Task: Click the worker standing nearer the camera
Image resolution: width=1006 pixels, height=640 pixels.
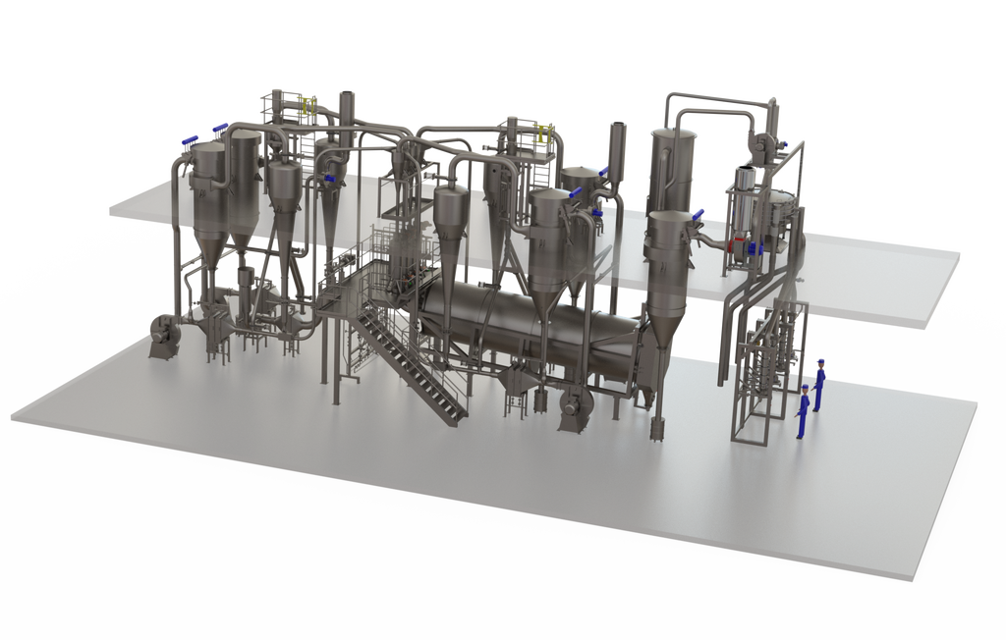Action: (x=804, y=412)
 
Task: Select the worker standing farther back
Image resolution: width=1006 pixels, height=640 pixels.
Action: (x=818, y=386)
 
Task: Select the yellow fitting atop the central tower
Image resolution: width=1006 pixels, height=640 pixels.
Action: (x=541, y=133)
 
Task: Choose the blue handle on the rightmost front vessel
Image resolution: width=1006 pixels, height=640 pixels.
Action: (x=699, y=215)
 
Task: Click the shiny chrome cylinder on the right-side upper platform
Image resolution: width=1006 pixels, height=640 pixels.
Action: (x=746, y=182)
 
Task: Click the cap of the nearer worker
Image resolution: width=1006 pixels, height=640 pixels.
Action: (x=806, y=389)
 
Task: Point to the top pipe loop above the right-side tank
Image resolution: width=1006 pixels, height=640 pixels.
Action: (x=722, y=98)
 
